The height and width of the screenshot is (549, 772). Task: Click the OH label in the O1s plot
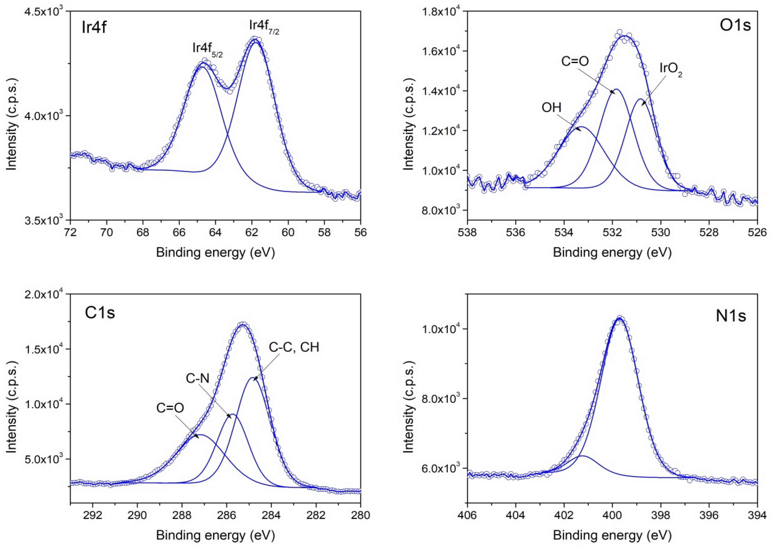point(551,108)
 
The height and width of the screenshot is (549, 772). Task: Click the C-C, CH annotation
point(294,347)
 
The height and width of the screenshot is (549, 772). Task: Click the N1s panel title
point(730,316)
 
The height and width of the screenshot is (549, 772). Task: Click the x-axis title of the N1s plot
point(612,535)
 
